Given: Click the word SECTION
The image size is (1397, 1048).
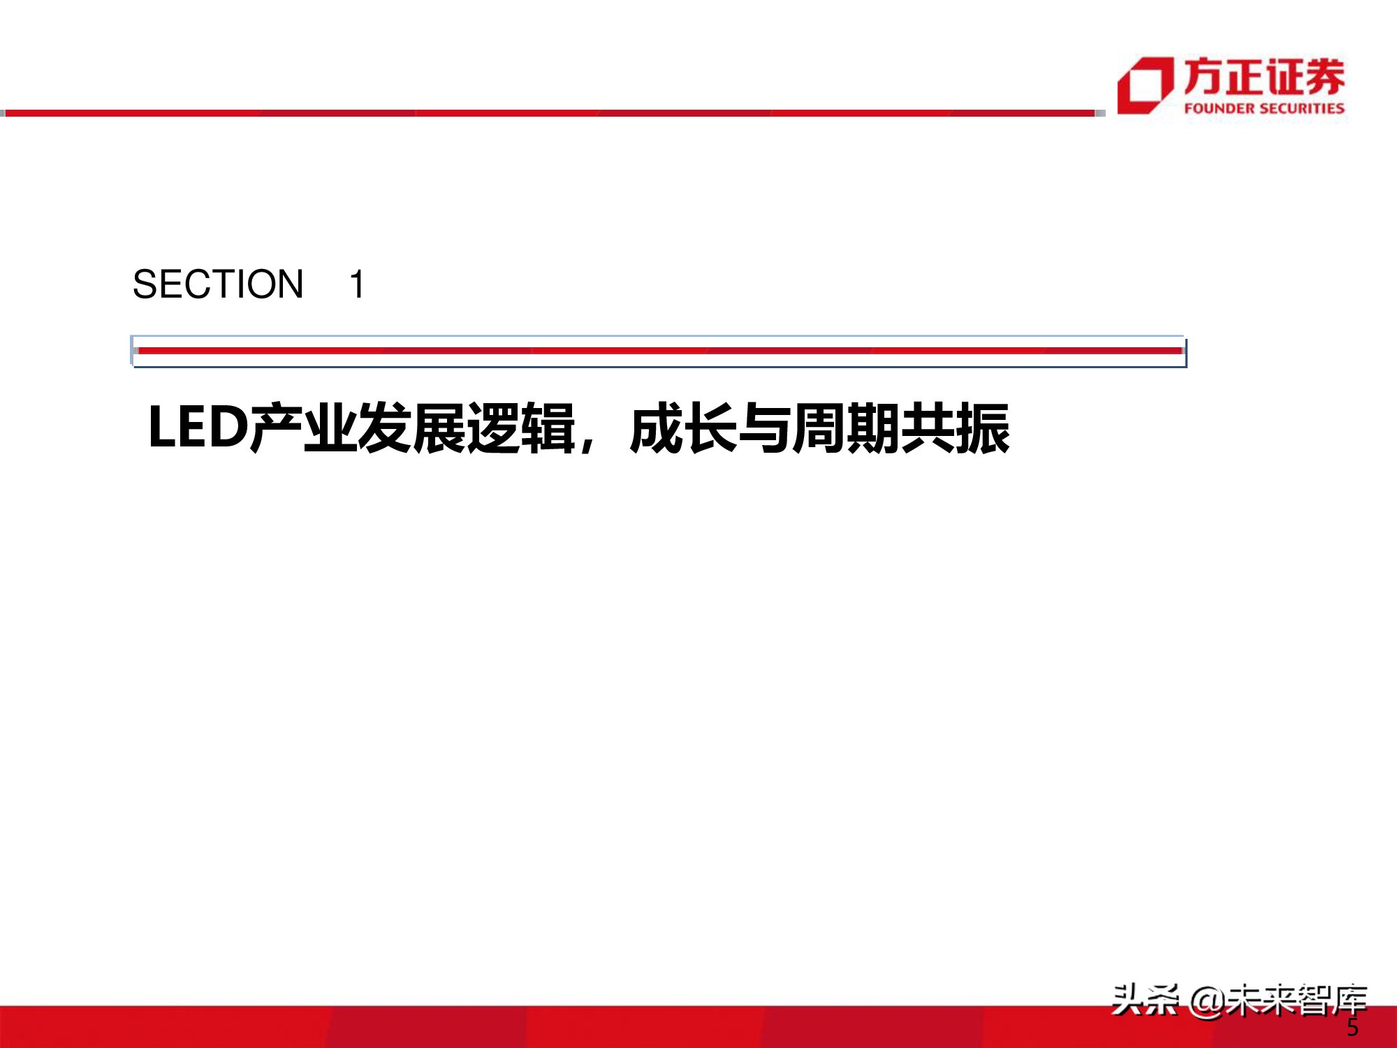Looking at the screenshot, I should tap(218, 284).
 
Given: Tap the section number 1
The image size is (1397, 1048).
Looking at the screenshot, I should tap(357, 284).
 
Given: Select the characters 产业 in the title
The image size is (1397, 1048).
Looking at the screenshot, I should tap(304, 428).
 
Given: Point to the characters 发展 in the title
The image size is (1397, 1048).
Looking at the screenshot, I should tap(412, 428).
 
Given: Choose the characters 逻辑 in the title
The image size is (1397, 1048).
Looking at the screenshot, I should tap(521, 428).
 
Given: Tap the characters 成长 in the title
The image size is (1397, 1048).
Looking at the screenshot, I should tap(683, 428).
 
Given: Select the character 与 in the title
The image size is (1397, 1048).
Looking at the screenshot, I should tap(764, 428).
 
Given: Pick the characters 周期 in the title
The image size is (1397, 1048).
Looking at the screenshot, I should tap(846, 428).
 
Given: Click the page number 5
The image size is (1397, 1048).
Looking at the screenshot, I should tap(1352, 1027).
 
